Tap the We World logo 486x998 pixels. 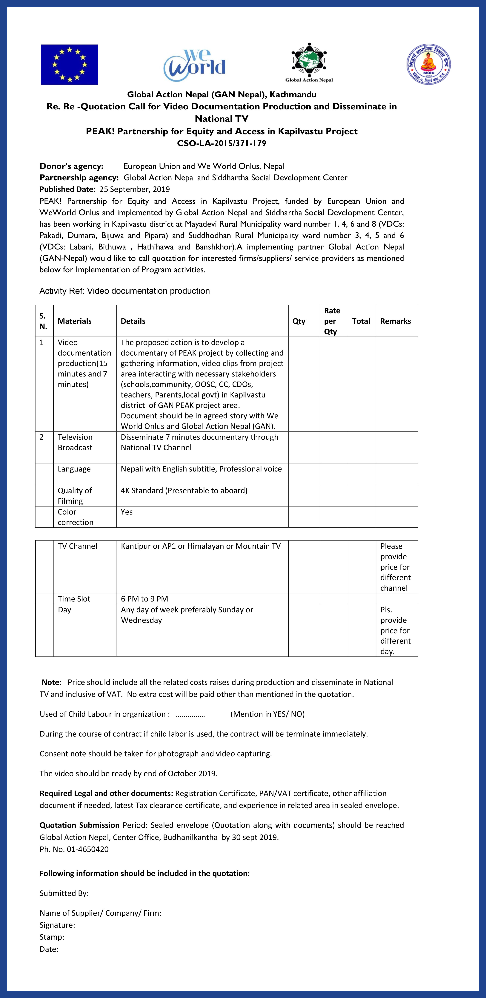click(195, 65)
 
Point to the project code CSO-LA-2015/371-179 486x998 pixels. click(222, 143)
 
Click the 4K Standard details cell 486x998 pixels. click(184, 490)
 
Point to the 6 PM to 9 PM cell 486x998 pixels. click(144, 599)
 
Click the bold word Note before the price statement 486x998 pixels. click(52, 682)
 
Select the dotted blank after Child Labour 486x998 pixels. click(190, 714)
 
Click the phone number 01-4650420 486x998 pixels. click(88, 849)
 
